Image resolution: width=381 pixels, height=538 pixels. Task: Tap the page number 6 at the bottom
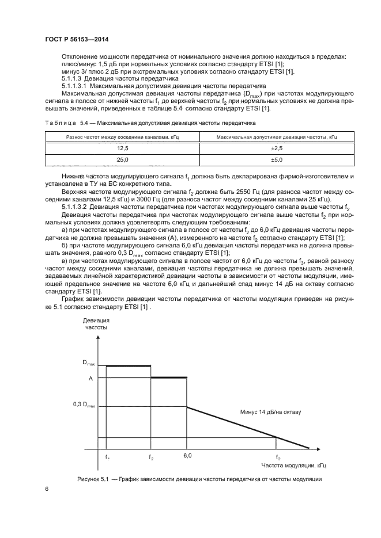click(46, 489)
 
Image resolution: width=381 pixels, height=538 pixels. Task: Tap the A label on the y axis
click(90, 378)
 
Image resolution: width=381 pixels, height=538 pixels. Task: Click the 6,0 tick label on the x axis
click(187, 455)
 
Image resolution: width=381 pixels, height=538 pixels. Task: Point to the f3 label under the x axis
click(278, 457)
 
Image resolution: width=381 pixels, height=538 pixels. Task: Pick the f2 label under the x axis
click(151, 457)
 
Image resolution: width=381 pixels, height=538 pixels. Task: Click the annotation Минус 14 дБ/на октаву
click(270, 412)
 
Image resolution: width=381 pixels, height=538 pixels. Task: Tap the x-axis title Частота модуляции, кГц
click(294, 465)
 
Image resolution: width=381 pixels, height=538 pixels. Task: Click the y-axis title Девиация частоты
click(96, 323)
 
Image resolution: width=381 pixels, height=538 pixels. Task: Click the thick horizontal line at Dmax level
click(129, 365)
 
